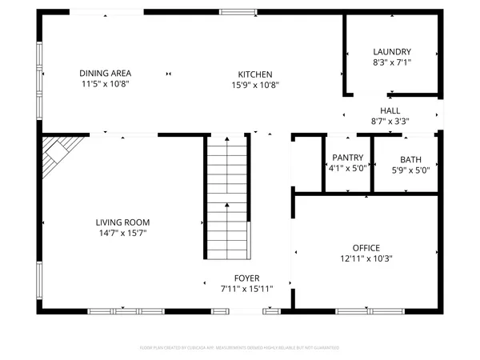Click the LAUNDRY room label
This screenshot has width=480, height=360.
391,51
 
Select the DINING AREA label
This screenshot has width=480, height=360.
105,73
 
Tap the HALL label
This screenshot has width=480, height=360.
390,110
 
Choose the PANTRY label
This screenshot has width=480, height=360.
347,158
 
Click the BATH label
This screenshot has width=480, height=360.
410,159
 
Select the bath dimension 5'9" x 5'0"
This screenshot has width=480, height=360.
410,170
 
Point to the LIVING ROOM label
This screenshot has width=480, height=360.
122,222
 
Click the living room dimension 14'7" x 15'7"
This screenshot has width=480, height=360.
122,233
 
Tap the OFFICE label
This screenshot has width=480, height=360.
366,247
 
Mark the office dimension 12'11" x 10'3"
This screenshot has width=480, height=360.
366,258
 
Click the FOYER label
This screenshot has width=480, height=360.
246,278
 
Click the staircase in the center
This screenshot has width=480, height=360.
227,196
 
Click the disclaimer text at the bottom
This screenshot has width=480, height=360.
240,348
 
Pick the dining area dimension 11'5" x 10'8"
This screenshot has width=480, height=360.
105,83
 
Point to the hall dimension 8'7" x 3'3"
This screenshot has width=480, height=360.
390,122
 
